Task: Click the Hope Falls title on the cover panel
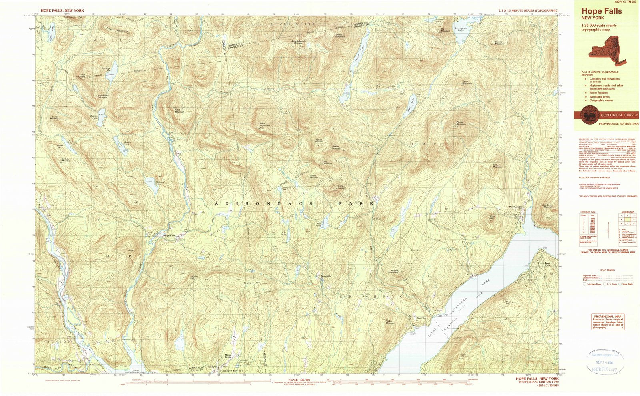(601, 11)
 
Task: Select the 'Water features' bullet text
(598, 92)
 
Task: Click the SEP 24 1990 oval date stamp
(604, 362)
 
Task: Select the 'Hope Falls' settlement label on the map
(170, 235)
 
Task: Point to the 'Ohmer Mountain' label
(461, 124)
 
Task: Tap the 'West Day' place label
(422, 318)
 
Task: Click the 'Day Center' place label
(515, 207)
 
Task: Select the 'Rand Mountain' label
(179, 111)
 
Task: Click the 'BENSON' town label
(59, 342)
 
